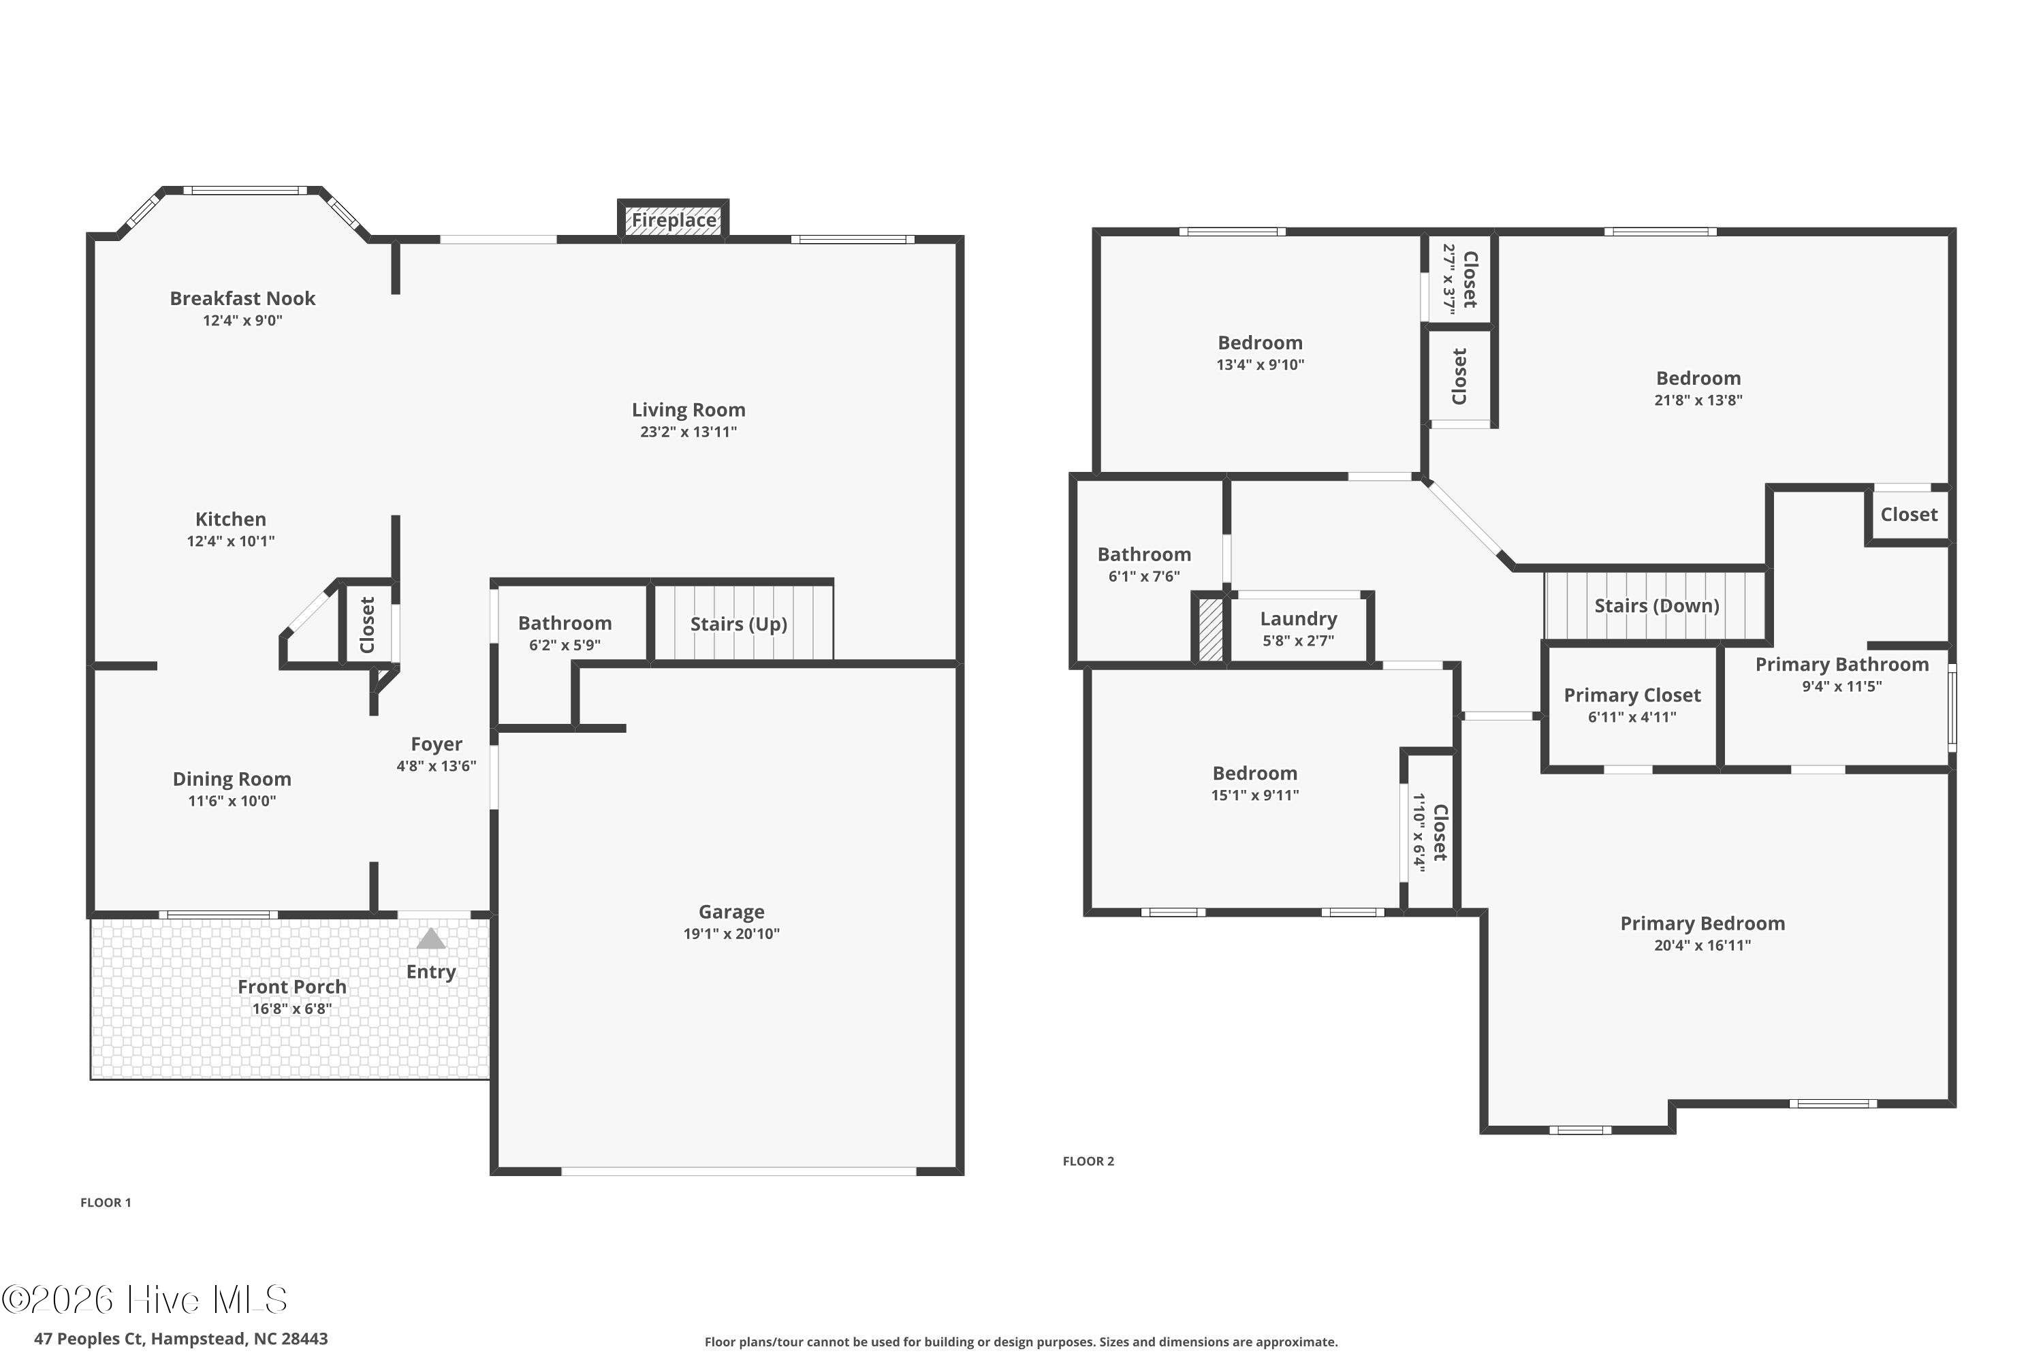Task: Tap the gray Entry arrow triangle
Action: tap(431, 939)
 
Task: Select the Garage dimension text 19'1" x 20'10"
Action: tap(731, 934)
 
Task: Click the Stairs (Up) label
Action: tap(738, 624)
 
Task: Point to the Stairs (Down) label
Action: tap(1656, 606)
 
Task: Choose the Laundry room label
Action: tap(1299, 618)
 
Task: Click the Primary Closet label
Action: tap(1632, 695)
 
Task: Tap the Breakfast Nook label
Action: tap(242, 298)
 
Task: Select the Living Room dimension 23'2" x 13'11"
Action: tap(688, 432)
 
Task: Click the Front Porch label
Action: tap(292, 987)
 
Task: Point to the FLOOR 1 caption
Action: tap(106, 1202)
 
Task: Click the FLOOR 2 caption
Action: tap(1088, 1160)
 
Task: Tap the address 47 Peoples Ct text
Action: tap(89, 1339)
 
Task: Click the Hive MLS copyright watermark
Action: tap(144, 1299)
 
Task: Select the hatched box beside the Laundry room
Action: tap(1210, 629)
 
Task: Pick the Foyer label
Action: tap(436, 744)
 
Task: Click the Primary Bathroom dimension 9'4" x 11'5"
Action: tap(1841, 686)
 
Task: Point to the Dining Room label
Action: tap(232, 779)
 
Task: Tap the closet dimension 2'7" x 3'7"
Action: tap(1448, 279)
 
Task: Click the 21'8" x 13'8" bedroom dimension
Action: tap(1698, 400)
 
